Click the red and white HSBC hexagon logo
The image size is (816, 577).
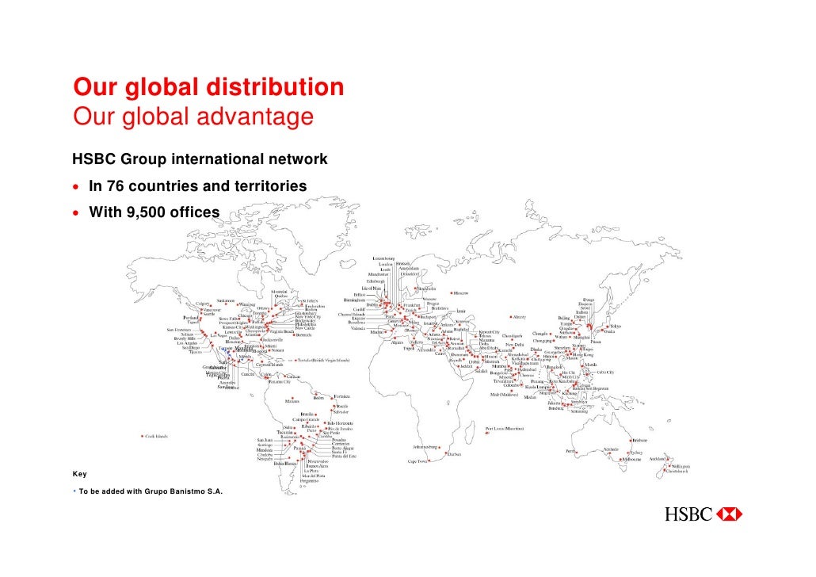pyautogui.click(x=728, y=514)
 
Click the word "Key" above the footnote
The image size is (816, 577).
pyautogui.click(x=79, y=474)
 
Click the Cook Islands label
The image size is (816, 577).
pyautogui.click(x=156, y=436)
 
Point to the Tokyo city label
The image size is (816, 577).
pyautogui.click(x=615, y=326)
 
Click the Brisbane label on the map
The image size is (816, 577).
pyautogui.click(x=640, y=440)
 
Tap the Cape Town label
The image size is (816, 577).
pyautogui.click(x=418, y=461)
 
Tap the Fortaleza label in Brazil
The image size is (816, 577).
pyautogui.click(x=342, y=395)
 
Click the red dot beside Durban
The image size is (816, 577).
pyautogui.click(x=444, y=449)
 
